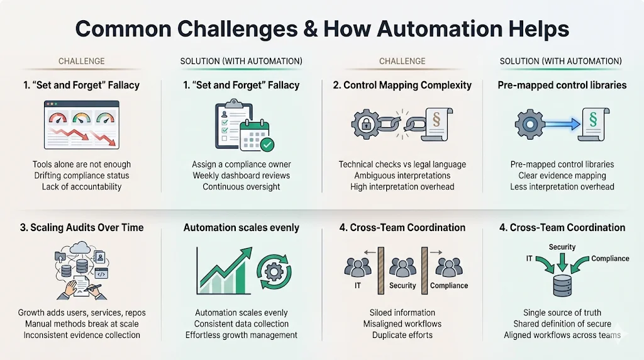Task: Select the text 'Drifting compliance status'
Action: tap(82, 176)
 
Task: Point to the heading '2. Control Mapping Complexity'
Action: tap(402, 85)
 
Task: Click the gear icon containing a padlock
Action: tap(366, 124)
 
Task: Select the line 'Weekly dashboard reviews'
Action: tap(241, 176)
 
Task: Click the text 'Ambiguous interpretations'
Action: tap(402, 176)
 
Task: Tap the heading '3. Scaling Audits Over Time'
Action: tap(82, 228)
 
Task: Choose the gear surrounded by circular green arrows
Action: tap(274, 271)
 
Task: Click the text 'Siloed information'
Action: tap(402, 313)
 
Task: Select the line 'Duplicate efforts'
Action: tap(402, 335)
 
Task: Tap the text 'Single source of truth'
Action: tap(562, 313)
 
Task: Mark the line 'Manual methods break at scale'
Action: tap(82, 324)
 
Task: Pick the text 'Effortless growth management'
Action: tap(241, 335)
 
